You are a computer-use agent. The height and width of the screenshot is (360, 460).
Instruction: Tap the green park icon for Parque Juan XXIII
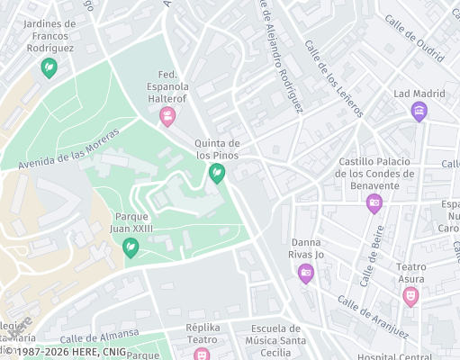[131, 247]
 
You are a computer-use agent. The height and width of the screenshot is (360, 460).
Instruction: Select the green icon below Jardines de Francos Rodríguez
[49, 67]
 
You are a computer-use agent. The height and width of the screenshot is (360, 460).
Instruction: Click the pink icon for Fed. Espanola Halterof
[167, 116]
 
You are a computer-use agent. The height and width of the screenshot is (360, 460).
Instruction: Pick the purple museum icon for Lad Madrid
[419, 112]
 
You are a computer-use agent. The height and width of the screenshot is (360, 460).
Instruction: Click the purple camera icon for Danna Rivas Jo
[306, 273]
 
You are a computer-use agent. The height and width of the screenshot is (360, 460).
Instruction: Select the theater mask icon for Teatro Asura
[411, 294]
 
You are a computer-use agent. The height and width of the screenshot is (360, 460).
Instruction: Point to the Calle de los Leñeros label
[334, 78]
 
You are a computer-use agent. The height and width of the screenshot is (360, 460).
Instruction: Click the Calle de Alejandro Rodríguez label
[282, 54]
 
